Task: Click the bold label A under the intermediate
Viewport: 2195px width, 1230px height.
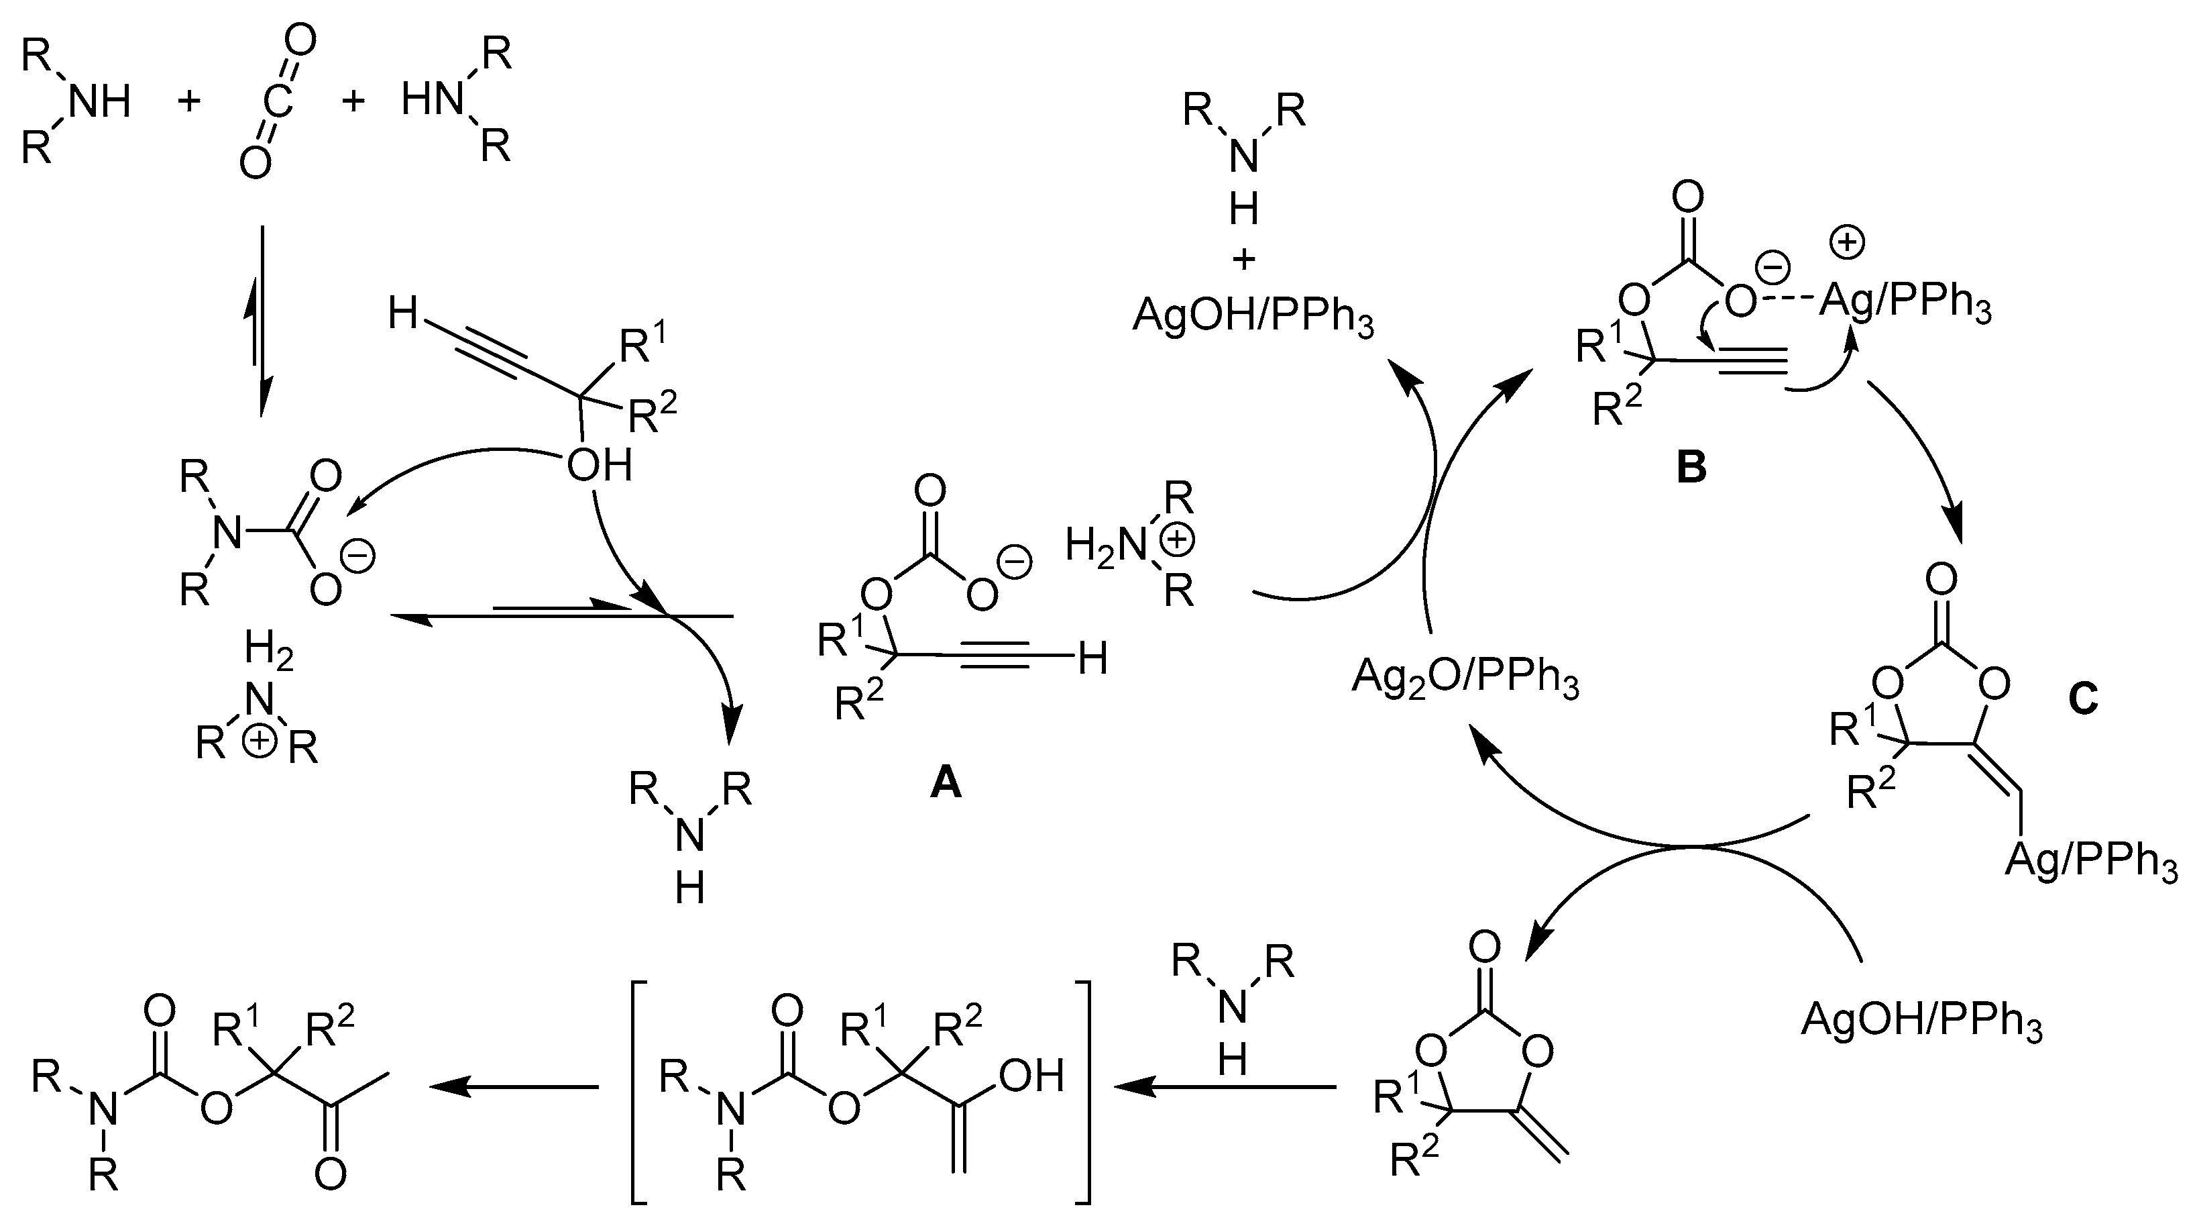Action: (x=946, y=782)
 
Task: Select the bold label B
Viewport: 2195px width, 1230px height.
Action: (x=1691, y=467)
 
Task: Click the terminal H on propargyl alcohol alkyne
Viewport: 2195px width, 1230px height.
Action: (x=402, y=313)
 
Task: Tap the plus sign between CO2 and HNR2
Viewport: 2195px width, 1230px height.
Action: (x=353, y=101)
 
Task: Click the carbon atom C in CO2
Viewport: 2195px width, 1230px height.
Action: (x=278, y=101)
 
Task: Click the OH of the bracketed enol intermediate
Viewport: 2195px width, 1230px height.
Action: (x=1031, y=1076)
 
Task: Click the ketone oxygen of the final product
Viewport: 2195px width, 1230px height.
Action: (x=330, y=1174)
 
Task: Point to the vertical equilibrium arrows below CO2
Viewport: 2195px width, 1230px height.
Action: (x=261, y=322)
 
